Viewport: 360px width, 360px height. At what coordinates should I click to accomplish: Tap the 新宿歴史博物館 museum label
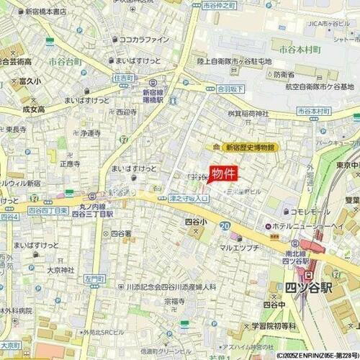(250, 147)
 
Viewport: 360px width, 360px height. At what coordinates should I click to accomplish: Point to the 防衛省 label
(283, 74)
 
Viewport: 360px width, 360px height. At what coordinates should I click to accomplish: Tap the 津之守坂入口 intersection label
(189, 197)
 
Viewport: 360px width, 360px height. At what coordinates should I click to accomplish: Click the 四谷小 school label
(194, 222)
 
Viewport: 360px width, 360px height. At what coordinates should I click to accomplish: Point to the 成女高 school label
(33, 109)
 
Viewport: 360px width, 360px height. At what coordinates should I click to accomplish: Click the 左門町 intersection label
(93, 277)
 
